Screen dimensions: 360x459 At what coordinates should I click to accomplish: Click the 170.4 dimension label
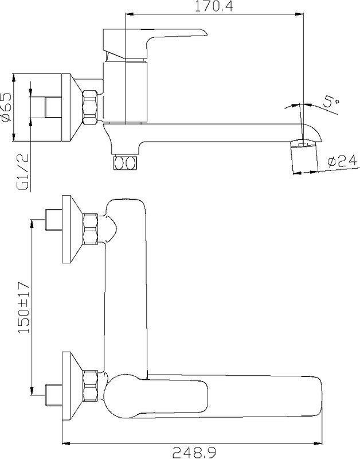point(214,6)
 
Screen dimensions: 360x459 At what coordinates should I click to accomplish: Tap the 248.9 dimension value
point(194,453)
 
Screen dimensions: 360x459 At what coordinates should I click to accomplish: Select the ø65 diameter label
point(6,107)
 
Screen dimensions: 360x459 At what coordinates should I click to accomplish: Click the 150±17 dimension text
point(24,307)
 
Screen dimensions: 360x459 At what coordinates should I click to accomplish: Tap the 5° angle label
point(331,105)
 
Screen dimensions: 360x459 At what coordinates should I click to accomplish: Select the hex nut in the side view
point(90,107)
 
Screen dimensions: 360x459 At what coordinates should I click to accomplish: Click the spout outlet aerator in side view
point(304,157)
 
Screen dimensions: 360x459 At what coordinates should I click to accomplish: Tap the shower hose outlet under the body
point(125,162)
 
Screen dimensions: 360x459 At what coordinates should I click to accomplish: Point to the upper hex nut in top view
point(90,229)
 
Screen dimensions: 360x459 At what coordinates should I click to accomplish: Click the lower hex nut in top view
point(90,386)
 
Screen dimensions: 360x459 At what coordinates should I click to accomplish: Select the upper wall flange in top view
point(72,229)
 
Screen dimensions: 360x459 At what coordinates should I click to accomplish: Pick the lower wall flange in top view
point(72,386)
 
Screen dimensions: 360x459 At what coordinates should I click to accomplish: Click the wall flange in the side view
point(72,107)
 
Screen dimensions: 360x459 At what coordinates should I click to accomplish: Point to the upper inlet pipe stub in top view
point(53,220)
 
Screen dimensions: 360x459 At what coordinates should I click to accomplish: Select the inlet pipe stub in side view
point(53,107)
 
